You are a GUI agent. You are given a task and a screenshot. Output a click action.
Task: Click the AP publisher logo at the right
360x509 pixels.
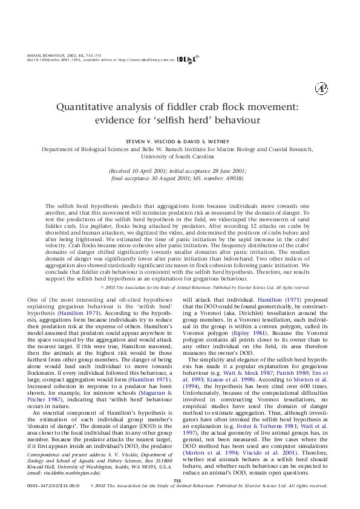(321, 89)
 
